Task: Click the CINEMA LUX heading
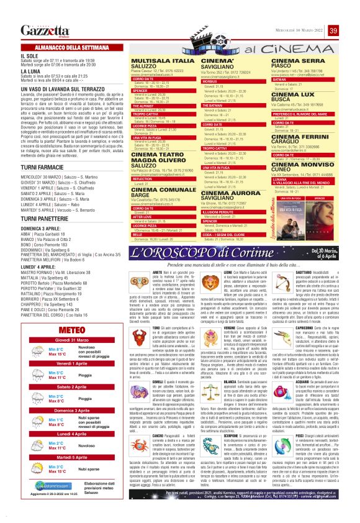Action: (x=295, y=93)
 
